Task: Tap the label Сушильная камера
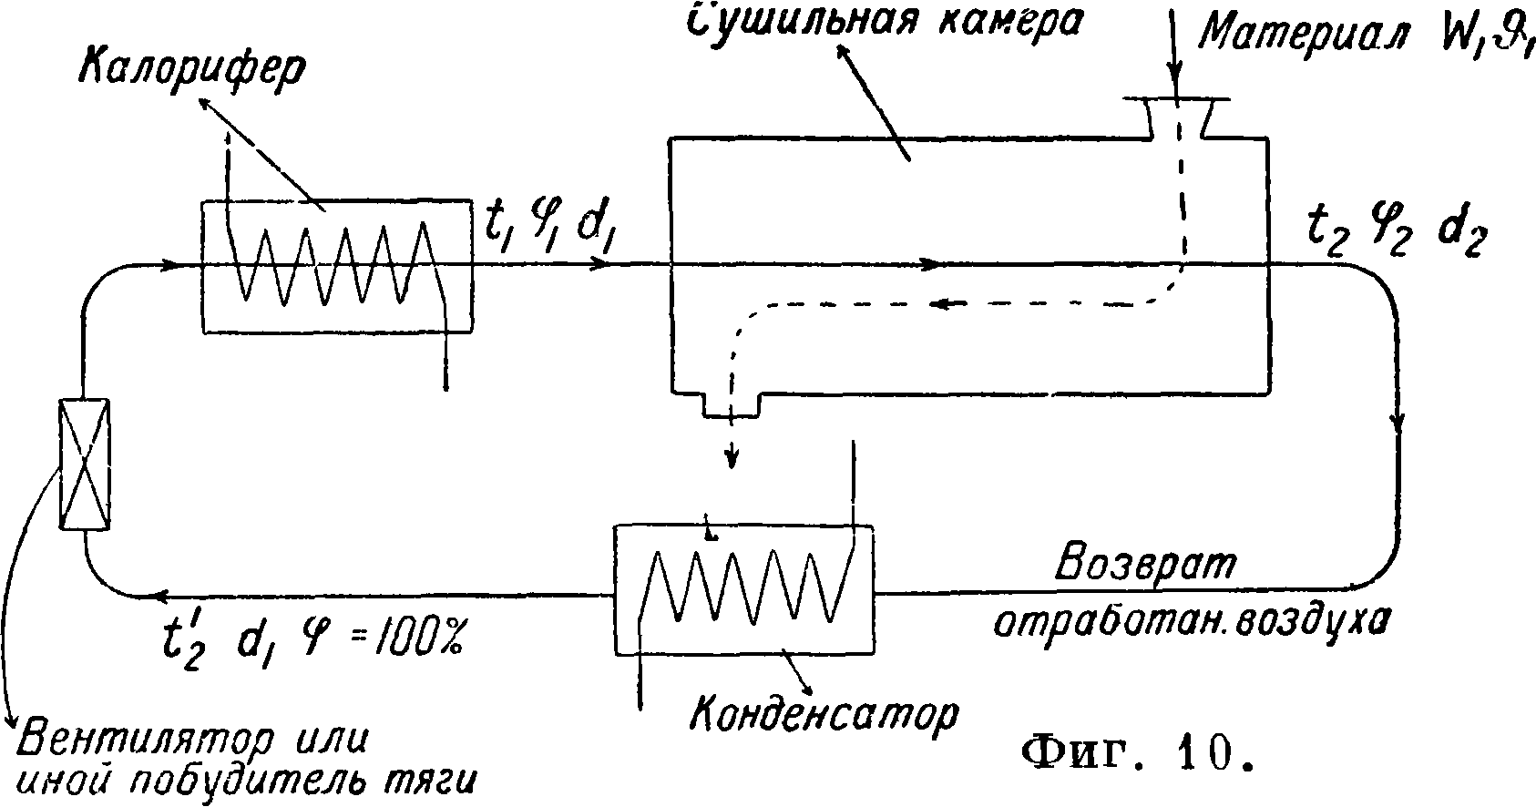point(883,20)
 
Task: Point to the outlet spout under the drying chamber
point(731,405)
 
